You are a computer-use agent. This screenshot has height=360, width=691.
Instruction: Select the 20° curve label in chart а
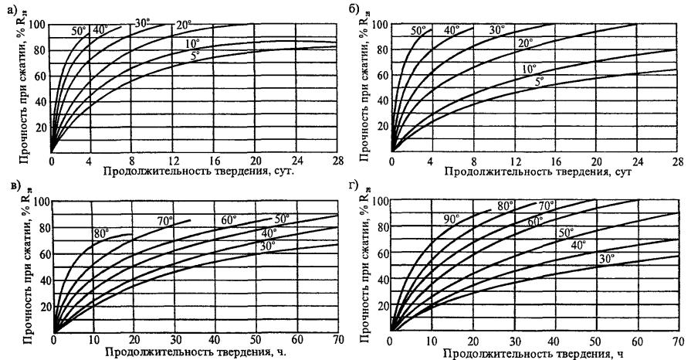(x=182, y=24)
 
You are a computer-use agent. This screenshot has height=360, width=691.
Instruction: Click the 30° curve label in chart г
(x=607, y=259)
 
